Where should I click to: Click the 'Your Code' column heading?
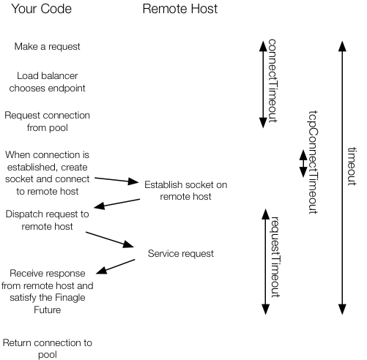pyautogui.click(x=47, y=11)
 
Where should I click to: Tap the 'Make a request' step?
pyautogui.click(x=47, y=47)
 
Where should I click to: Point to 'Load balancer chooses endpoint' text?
pyautogui.click(x=47, y=83)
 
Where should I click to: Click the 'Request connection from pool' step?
pyautogui.click(x=47, y=121)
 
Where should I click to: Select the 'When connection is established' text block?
pyautogui.click(x=47, y=173)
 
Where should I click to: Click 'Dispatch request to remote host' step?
pyautogui.click(x=47, y=220)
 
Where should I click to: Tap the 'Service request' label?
pyautogui.click(x=181, y=254)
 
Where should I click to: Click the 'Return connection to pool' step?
pyautogui.click(x=47, y=348)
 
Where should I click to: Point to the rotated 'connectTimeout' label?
pyautogui.click(x=273, y=80)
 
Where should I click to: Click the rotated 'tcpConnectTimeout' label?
pyautogui.click(x=313, y=163)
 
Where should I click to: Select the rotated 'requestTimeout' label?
pyautogui.click(x=276, y=256)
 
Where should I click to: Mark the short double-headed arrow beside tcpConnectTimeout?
pyautogui.click(x=302, y=163)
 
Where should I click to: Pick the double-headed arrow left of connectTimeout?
pyautogui.click(x=263, y=83)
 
